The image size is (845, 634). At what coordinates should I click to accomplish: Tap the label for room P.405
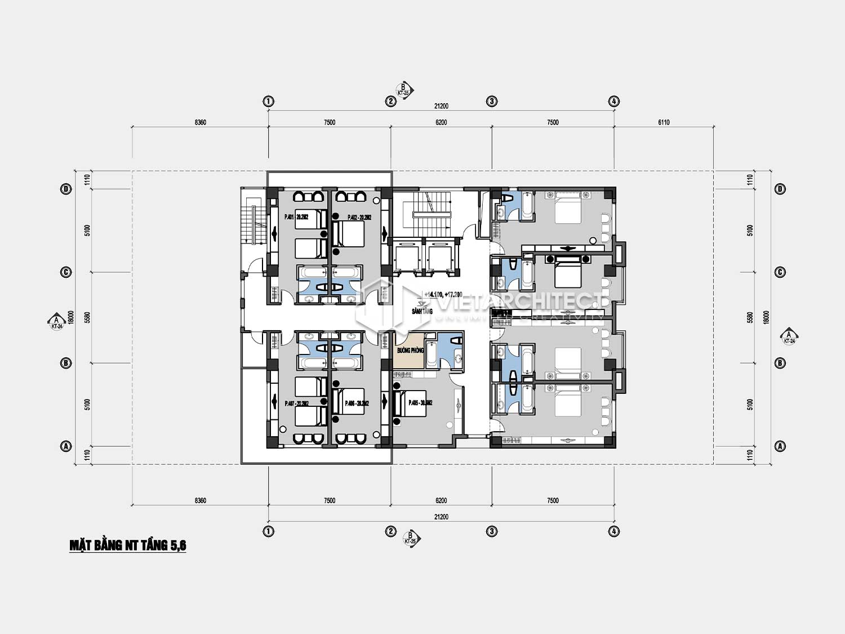tap(420, 403)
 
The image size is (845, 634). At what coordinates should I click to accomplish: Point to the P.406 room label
tap(357, 404)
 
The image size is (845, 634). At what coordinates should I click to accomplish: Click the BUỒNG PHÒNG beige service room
tap(410, 351)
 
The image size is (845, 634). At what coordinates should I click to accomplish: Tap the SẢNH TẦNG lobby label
tap(422, 311)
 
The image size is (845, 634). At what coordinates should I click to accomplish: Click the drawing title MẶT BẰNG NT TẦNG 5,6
tap(128, 545)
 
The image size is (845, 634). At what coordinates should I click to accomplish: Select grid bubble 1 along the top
tap(269, 101)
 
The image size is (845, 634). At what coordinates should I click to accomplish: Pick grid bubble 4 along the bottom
tap(614, 531)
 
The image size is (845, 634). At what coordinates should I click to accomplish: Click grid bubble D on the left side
tap(66, 189)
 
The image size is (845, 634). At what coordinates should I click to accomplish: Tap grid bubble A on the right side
tap(780, 446)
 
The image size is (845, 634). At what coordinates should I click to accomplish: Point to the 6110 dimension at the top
tap(664, 122)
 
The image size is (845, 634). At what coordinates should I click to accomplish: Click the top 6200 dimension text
tap(441, 122)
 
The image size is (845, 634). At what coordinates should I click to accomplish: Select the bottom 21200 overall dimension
tap(441, 517)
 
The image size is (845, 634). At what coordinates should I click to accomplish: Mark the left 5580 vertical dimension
tap(87, 317)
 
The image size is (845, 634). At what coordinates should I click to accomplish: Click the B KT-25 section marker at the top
tap(404, 90)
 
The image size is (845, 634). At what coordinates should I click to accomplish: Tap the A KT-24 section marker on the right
tap(789, 337)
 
